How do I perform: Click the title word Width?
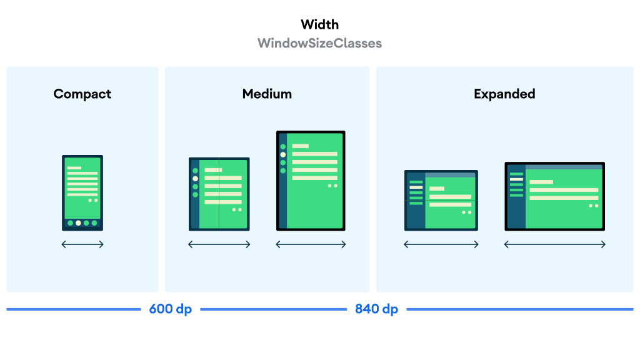[319, 24]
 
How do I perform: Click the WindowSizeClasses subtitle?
[319, 43]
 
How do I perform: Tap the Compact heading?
[82, 94]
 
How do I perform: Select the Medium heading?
[267, 94]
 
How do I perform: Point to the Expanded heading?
[504, 94]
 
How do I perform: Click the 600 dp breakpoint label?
[171, 309]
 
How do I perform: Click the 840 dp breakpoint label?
[376, 309]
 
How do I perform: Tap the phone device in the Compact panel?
[82, 192]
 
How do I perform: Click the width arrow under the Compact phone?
[82, 244]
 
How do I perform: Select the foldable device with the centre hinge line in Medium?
[219, 194]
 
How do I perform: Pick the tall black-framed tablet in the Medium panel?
[311, 181]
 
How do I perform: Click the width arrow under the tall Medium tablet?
[311, 244]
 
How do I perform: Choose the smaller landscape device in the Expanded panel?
[441, 201]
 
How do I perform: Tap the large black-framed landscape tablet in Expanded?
[555, 196]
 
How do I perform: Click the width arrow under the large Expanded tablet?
[555, 244]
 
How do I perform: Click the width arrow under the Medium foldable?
[219, 244]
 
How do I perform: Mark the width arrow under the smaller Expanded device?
[441, 244]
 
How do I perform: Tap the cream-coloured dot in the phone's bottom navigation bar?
[78, 223]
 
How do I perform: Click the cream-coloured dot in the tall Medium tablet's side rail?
[283, 155]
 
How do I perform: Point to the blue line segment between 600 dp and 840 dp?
[274, 309]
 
